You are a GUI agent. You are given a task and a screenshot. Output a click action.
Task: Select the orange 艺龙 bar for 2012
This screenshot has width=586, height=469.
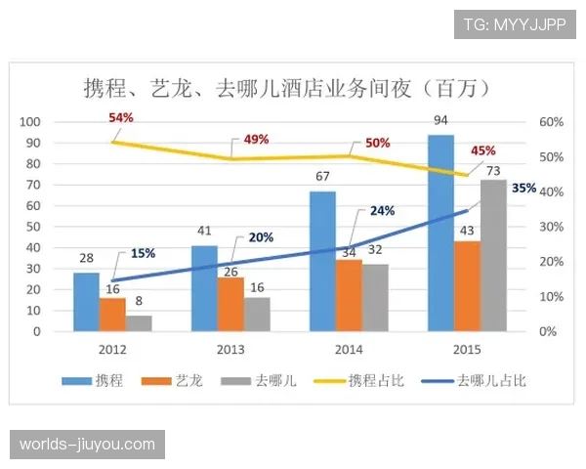(112, 315)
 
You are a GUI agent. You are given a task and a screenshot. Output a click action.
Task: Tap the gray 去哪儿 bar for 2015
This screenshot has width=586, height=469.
(493, 256)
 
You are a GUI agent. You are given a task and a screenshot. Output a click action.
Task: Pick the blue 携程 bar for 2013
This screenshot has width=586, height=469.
(204, 289)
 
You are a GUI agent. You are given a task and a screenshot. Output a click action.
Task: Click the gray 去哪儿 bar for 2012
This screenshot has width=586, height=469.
(139, 323)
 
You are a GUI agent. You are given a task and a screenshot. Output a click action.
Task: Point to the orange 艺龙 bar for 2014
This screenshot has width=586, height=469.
(349, 296)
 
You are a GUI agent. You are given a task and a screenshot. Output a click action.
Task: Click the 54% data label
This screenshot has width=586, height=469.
(121, 117)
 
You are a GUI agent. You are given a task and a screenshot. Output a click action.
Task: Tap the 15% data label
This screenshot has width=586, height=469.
(143, 253)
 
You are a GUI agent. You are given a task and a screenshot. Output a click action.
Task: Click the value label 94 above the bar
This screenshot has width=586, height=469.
(440, 120)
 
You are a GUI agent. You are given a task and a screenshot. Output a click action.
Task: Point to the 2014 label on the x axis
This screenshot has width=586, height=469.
(350, 349)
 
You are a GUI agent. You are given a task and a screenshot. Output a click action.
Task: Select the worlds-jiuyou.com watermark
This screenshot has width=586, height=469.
(88, 445)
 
